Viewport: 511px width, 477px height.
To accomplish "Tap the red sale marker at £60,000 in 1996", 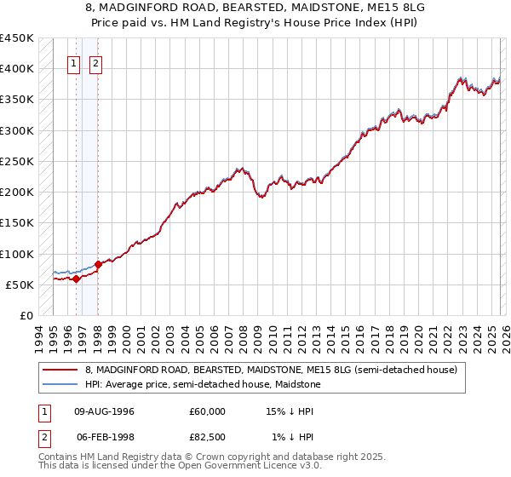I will pos(76,279).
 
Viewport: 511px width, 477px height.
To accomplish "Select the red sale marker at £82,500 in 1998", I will pos(98,264).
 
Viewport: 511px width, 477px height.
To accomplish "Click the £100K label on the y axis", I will pos(17,254).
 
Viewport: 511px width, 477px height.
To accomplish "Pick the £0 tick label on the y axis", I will pos(26,315).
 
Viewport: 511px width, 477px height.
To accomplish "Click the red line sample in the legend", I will pos(60,370).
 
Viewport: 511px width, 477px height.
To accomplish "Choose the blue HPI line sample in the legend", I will pos(60,384).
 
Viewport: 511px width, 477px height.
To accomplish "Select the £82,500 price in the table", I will pos(207,437).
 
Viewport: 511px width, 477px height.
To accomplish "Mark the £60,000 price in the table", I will pos(207,411).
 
